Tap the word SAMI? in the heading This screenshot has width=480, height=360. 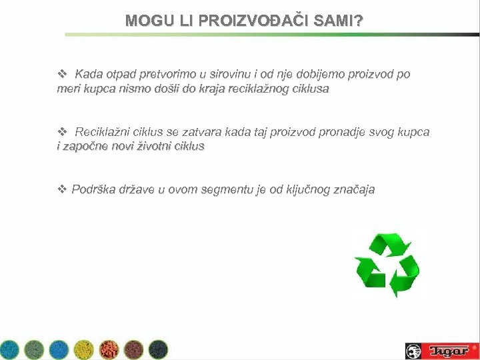[338, 21]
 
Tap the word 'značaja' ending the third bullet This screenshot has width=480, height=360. [351, 190]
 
